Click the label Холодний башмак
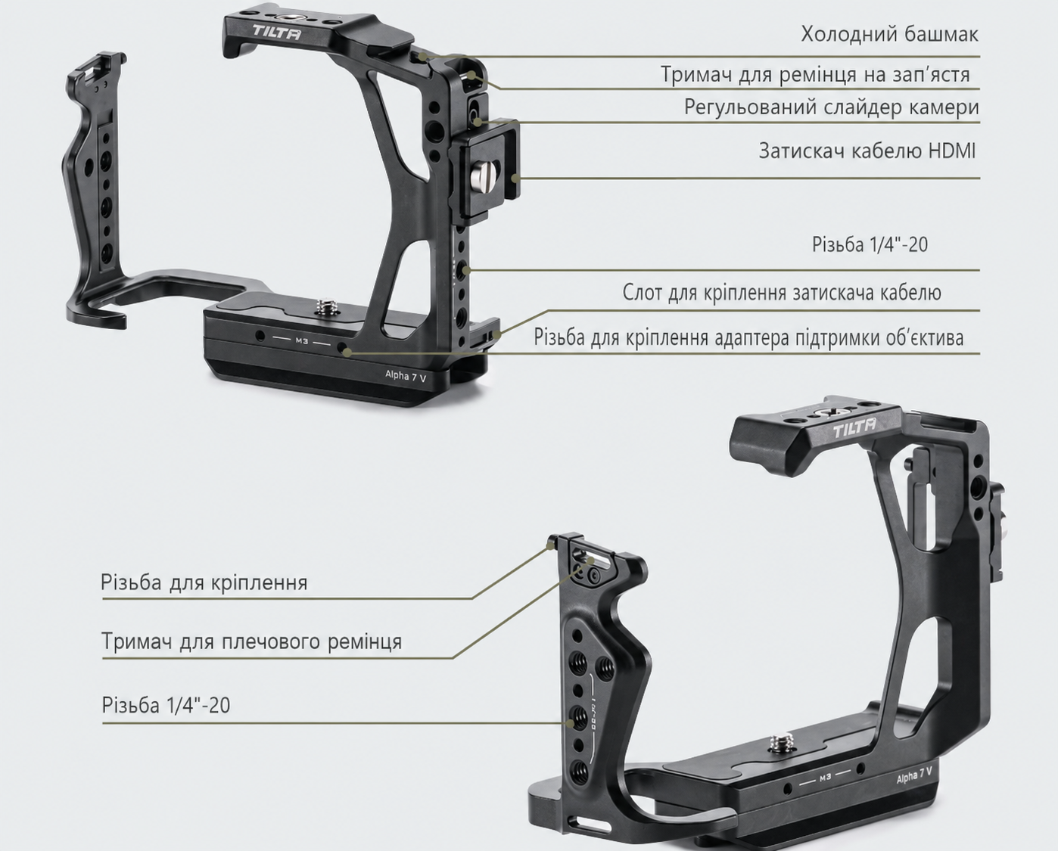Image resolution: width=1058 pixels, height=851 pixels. click(x=889, y=34)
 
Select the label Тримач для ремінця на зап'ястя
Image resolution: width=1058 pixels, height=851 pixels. click(x=815, y=75)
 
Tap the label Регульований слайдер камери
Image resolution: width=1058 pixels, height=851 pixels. click(x=832, y=107)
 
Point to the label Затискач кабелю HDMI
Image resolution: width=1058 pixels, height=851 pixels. click(x=867, y=151)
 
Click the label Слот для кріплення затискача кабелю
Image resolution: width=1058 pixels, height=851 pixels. click(x=782, y=293)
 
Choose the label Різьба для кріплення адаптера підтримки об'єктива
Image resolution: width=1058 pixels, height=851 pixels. click(x=748, y=338)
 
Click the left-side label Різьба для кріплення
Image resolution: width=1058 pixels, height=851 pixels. click(x=204, y=582)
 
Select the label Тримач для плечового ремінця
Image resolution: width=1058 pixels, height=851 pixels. click(x=252, y=641)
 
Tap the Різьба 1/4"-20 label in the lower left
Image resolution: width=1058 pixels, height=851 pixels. click(x=166, y=705)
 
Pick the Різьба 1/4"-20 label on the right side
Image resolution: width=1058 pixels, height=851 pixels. click(x=870, y=244)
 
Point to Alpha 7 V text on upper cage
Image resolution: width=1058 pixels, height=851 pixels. click(x=406, y=376)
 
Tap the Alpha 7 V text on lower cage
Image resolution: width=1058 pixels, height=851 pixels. click(x=914, y=777)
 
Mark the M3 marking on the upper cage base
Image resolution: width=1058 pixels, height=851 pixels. click(x=302, y=340)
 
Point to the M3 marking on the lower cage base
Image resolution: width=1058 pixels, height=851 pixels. click(x=825, y=778)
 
